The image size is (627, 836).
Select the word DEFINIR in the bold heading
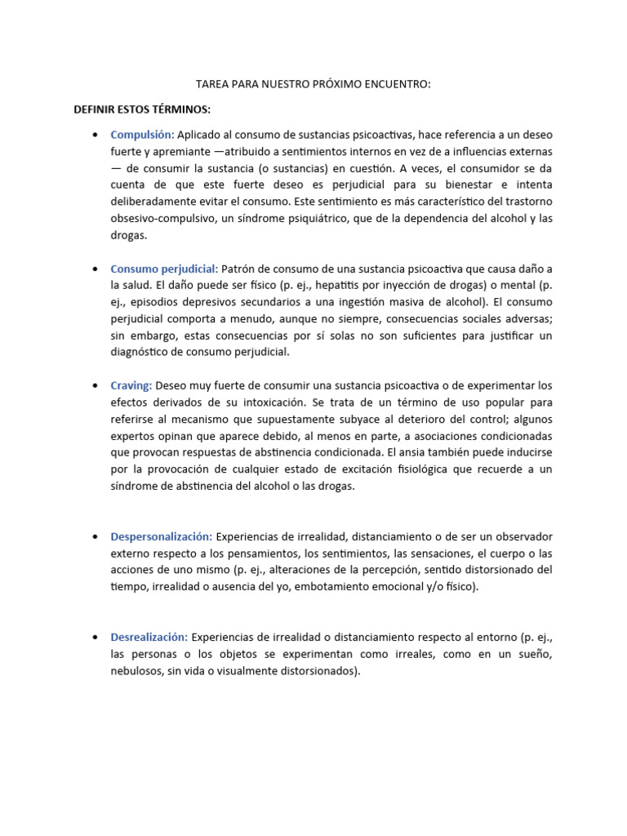coord(96,109)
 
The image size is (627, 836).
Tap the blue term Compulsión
coord(142,135)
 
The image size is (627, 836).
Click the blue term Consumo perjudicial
coord(164,269)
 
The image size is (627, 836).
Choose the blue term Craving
coord(131,385)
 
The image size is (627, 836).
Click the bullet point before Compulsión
coord(96,135)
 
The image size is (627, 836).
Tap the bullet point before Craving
coord(96,385)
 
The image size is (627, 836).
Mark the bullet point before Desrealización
coord(96,637)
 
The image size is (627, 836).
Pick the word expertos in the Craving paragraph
coord(134,436)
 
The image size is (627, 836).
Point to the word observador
coord(522,536)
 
